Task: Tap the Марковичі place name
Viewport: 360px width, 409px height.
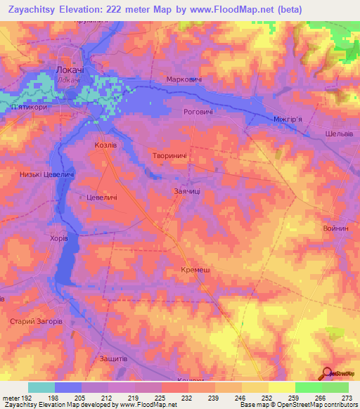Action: (184, 79)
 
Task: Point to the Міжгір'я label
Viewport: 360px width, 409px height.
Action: (287, 119)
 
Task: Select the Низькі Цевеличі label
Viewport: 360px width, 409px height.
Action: (48, 174)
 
